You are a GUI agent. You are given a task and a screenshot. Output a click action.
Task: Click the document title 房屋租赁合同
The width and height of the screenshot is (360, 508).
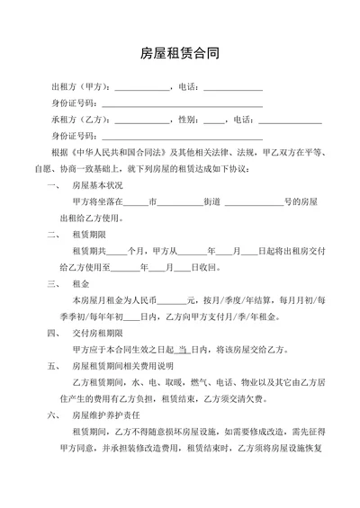tap(180, 54)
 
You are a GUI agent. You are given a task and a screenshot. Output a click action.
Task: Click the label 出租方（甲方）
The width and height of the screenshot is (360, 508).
tap(81, 87)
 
